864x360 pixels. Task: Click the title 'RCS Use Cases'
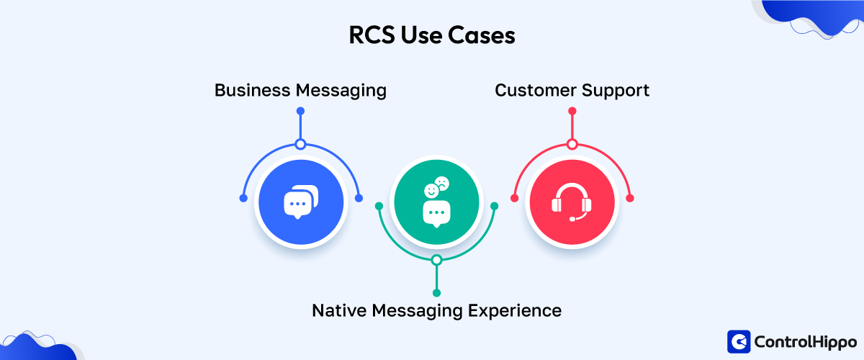coord(432,36)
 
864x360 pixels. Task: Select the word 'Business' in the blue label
coord(251,91)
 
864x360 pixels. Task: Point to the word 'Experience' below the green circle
coord(515,310)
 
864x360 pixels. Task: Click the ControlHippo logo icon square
coord(739,341)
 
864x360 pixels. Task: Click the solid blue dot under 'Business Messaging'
coord(300,111)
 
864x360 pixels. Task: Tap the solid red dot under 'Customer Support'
coord(572,111)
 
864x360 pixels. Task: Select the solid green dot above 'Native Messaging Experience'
coord(436,292)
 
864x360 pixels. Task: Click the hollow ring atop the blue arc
coord(300,144)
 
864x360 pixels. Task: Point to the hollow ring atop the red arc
coord(572,144)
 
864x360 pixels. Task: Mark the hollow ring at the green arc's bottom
coord(436,260)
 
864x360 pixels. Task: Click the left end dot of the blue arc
coord(243,198)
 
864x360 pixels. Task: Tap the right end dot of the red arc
coord(629,198)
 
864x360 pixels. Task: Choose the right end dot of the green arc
coord(494,206)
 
